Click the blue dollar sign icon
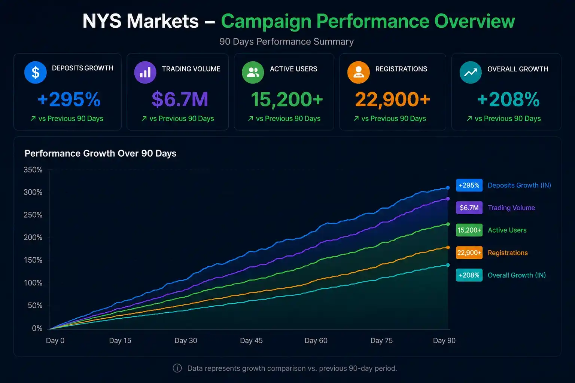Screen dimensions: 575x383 [x=36, y=72]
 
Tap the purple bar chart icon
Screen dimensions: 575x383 [x=145, y=72]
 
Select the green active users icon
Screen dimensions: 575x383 [x=253, y=72]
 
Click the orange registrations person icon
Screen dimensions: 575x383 [x=358, y=72]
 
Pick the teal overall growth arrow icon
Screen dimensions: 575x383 [x=471, y=72]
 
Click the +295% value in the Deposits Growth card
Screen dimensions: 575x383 [x=69, y=99]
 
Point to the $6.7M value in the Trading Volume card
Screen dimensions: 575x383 [x=180, y=99]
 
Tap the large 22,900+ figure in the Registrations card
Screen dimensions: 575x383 [x=392, y=99]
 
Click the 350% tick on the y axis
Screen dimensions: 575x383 [x=33, y=169]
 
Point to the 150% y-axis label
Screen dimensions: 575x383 [x=33, y=260]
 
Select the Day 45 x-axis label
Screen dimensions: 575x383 [x=251, y=340]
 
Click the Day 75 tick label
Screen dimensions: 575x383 [x=381, y=340]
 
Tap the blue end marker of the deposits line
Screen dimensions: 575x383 [x=448, y=188]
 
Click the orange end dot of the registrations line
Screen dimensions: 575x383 [x=448, y=248]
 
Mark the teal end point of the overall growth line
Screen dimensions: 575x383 [x=448, y=265]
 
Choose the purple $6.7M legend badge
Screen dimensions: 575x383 [x=469, y=208]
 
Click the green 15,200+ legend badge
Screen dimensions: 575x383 [x=469, y=230]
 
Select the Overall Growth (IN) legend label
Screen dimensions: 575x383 [x=517, y=275]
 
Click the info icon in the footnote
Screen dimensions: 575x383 [x=177, y=368]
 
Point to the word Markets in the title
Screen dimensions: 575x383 [x=163, y=21]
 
